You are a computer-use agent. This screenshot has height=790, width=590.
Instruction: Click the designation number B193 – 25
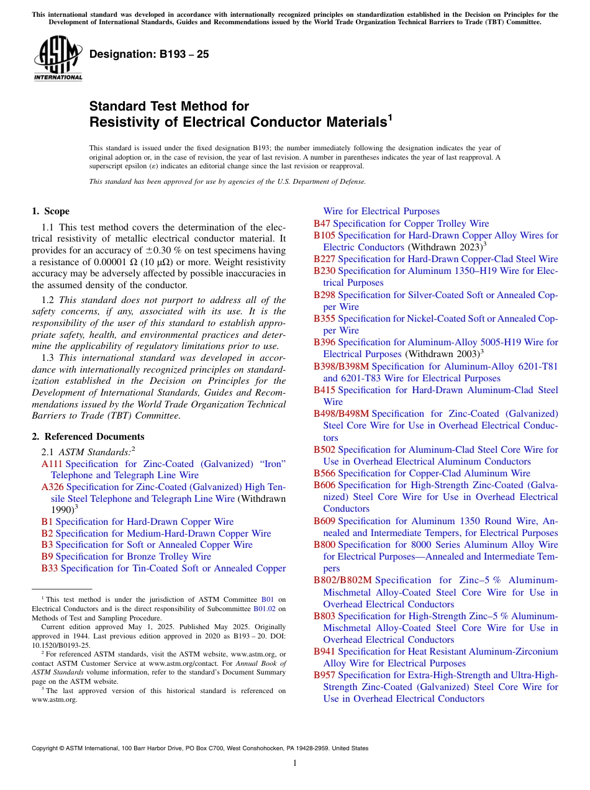tap(149, 54)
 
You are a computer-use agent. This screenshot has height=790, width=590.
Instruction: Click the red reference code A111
tap(52, 464)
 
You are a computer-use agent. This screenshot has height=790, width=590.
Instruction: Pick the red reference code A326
tap(52, 488)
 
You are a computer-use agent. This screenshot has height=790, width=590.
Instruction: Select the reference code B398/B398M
tap(341, 366)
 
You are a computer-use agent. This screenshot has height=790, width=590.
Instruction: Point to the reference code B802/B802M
tap(343, 580)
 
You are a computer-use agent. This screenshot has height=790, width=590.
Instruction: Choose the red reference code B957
tap(324, 675)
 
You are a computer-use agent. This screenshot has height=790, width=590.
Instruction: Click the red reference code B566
tap(324, 473)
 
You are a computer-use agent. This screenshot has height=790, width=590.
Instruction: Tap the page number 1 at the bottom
tap(295, 763)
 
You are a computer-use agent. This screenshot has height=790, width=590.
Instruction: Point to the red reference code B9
tap(47, 556)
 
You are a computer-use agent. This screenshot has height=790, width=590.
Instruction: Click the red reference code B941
tap(324, 652)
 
